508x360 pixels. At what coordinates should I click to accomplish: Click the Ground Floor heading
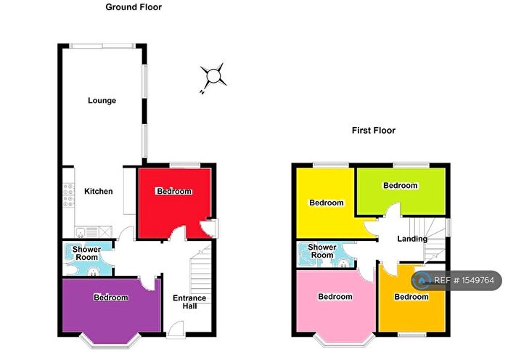coord(133,7)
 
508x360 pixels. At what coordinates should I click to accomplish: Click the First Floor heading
coord(374,131)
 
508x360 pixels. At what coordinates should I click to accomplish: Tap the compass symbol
coord(213,76)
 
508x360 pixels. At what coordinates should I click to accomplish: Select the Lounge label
coord(102,100)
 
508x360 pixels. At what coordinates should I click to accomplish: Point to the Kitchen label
coord(99,192)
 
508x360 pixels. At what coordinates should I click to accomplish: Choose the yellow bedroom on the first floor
coord(326,202)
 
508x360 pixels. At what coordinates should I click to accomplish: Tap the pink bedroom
coord(335,297)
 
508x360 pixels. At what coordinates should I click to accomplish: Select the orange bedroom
coord(411,297)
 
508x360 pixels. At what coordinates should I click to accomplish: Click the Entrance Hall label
coord(189,302)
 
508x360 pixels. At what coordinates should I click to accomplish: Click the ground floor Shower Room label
coord(86,253)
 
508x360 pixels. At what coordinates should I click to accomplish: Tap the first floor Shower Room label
coord(323,251)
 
